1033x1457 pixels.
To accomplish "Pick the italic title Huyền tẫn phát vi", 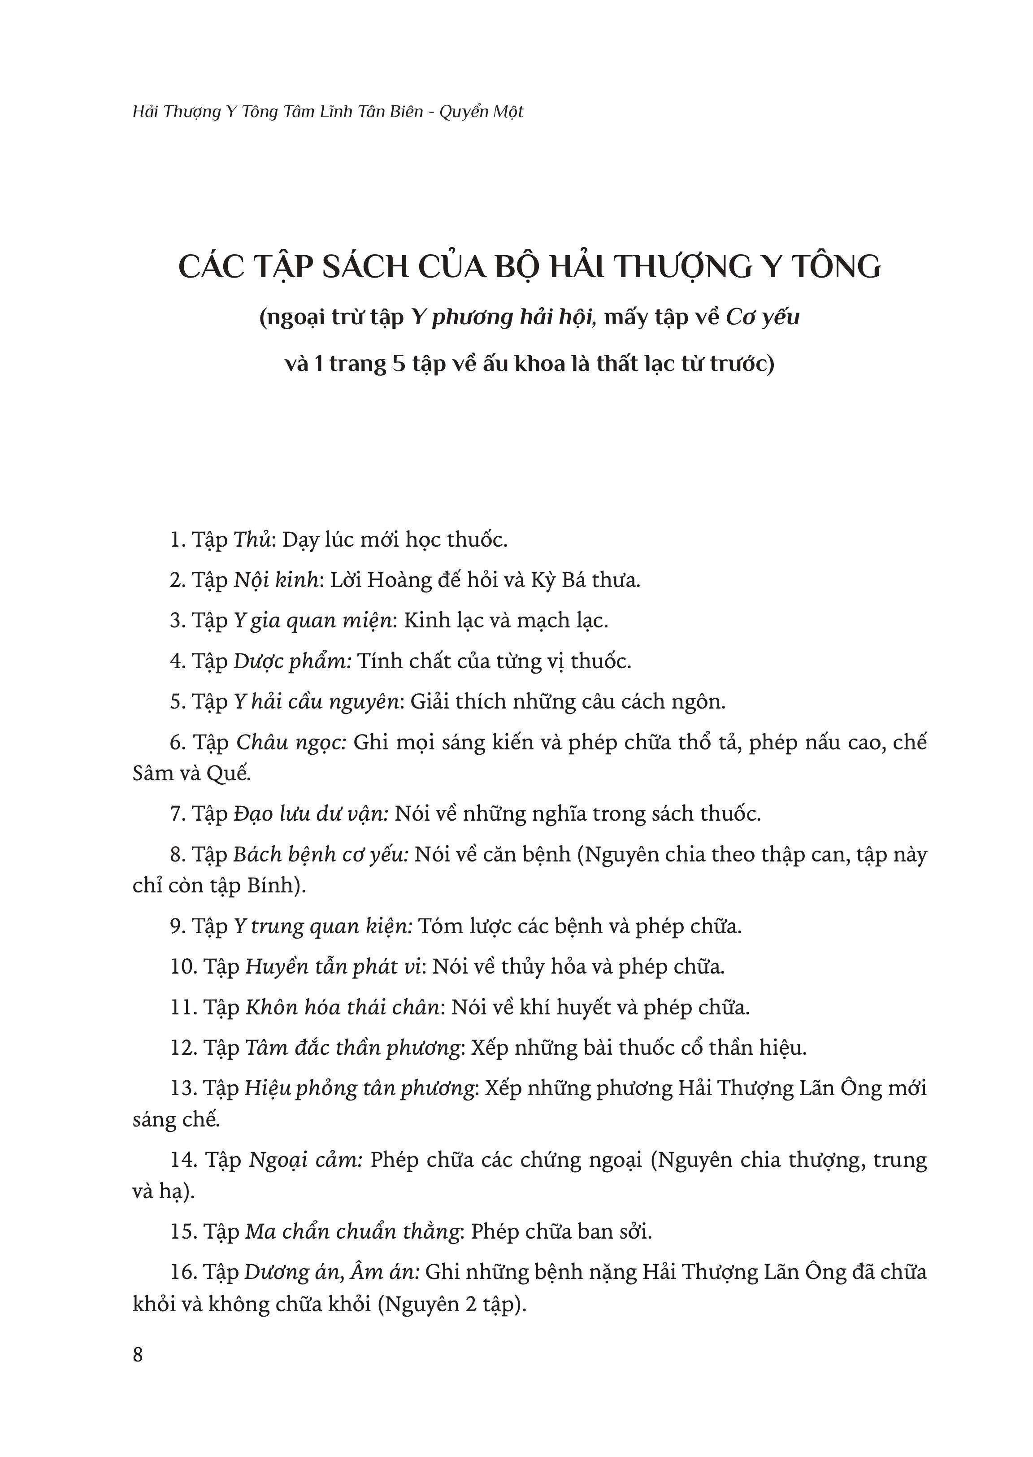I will (334, 966).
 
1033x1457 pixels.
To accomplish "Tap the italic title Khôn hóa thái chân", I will (343, 1007).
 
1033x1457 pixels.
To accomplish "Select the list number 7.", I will (177, 814).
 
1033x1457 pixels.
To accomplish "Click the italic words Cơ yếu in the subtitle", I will (762, 316).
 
